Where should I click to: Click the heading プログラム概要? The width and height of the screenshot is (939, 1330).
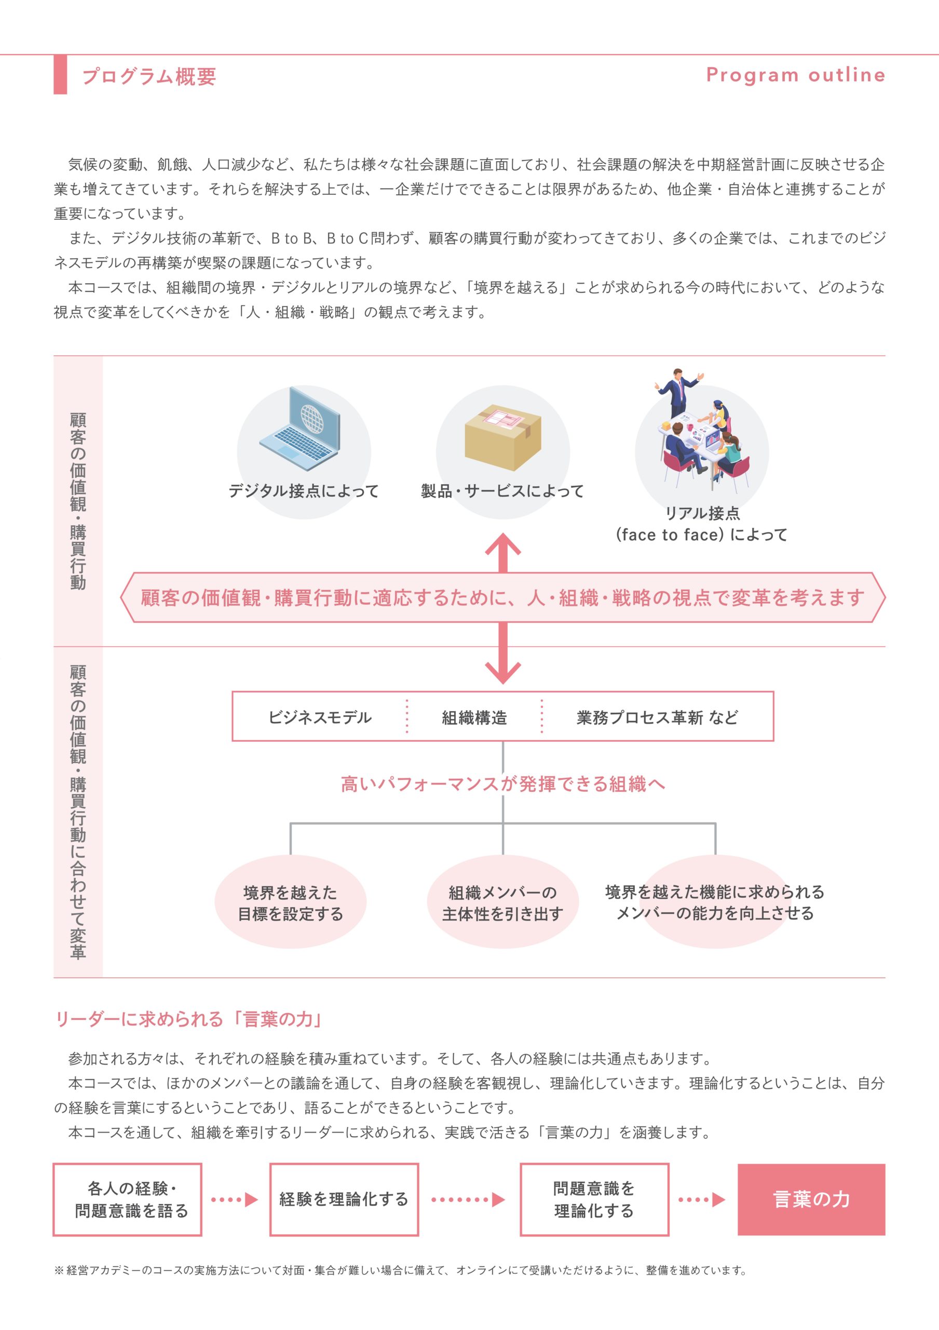[x=149, y=76]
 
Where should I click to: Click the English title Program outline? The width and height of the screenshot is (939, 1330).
[x=795, y=75]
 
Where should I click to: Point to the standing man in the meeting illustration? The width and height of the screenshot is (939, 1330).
[x=677, y=392]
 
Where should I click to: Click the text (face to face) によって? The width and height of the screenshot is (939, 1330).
[x=702, y=535]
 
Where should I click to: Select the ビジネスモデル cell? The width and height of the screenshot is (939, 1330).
[x=320, y=717]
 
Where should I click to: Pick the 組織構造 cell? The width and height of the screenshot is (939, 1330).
[x=474, y=717]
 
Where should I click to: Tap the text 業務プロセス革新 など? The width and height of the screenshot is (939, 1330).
[x=657, y=717]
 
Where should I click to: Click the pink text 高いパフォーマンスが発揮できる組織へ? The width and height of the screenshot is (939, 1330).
[x=502, y=784]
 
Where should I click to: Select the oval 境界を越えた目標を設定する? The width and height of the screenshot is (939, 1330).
[x=291, y=901]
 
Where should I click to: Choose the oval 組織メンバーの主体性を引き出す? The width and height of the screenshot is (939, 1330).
[x=502, y=901]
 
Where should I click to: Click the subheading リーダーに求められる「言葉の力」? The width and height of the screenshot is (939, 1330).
[x=189, y=1019]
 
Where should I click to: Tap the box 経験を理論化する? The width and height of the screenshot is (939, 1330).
[x=344, y=1200]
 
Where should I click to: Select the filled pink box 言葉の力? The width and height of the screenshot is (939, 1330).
[x=811, y=1200]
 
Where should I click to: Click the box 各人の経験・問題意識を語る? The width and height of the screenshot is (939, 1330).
[x=127, y=1200]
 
